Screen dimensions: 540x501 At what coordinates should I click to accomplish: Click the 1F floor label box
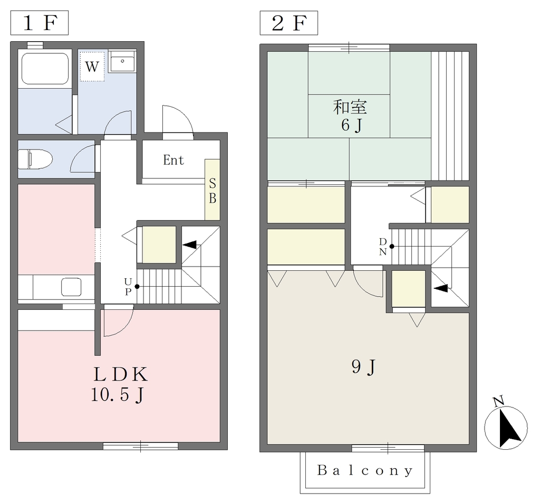tap(39, 23)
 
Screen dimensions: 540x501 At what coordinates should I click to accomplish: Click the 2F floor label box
tap(288, 23)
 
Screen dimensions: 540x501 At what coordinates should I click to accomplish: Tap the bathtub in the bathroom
tap(45, 68)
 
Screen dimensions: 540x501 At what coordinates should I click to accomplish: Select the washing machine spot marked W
tap(92, 67)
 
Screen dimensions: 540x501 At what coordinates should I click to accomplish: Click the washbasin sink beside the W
tap(122, 61)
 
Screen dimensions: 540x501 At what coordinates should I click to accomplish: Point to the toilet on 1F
tap(35, 159)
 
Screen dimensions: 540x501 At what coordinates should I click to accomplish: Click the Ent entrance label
tap(173, 160)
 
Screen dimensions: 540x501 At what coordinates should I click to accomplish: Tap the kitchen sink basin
tap(71, 287)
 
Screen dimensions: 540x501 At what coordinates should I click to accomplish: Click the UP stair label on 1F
tap(128, 287)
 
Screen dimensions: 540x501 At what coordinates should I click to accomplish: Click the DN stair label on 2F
tap(383, 247)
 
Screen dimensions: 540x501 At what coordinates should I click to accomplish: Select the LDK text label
tap(121, 374)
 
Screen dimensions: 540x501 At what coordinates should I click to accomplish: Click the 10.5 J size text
tap(117, 395)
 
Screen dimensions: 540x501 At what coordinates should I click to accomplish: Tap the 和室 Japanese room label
tap(350, 107)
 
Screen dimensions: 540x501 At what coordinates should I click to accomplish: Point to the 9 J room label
tap(363, 367)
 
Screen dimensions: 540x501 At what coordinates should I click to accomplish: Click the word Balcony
tap(365, 470)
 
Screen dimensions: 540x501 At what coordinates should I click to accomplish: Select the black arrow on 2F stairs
tap(441, 288)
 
